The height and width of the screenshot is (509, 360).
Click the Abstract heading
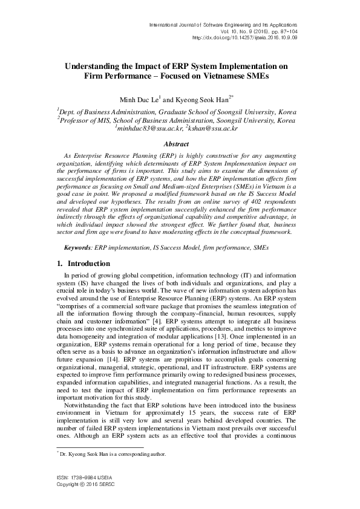(180, 144)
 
